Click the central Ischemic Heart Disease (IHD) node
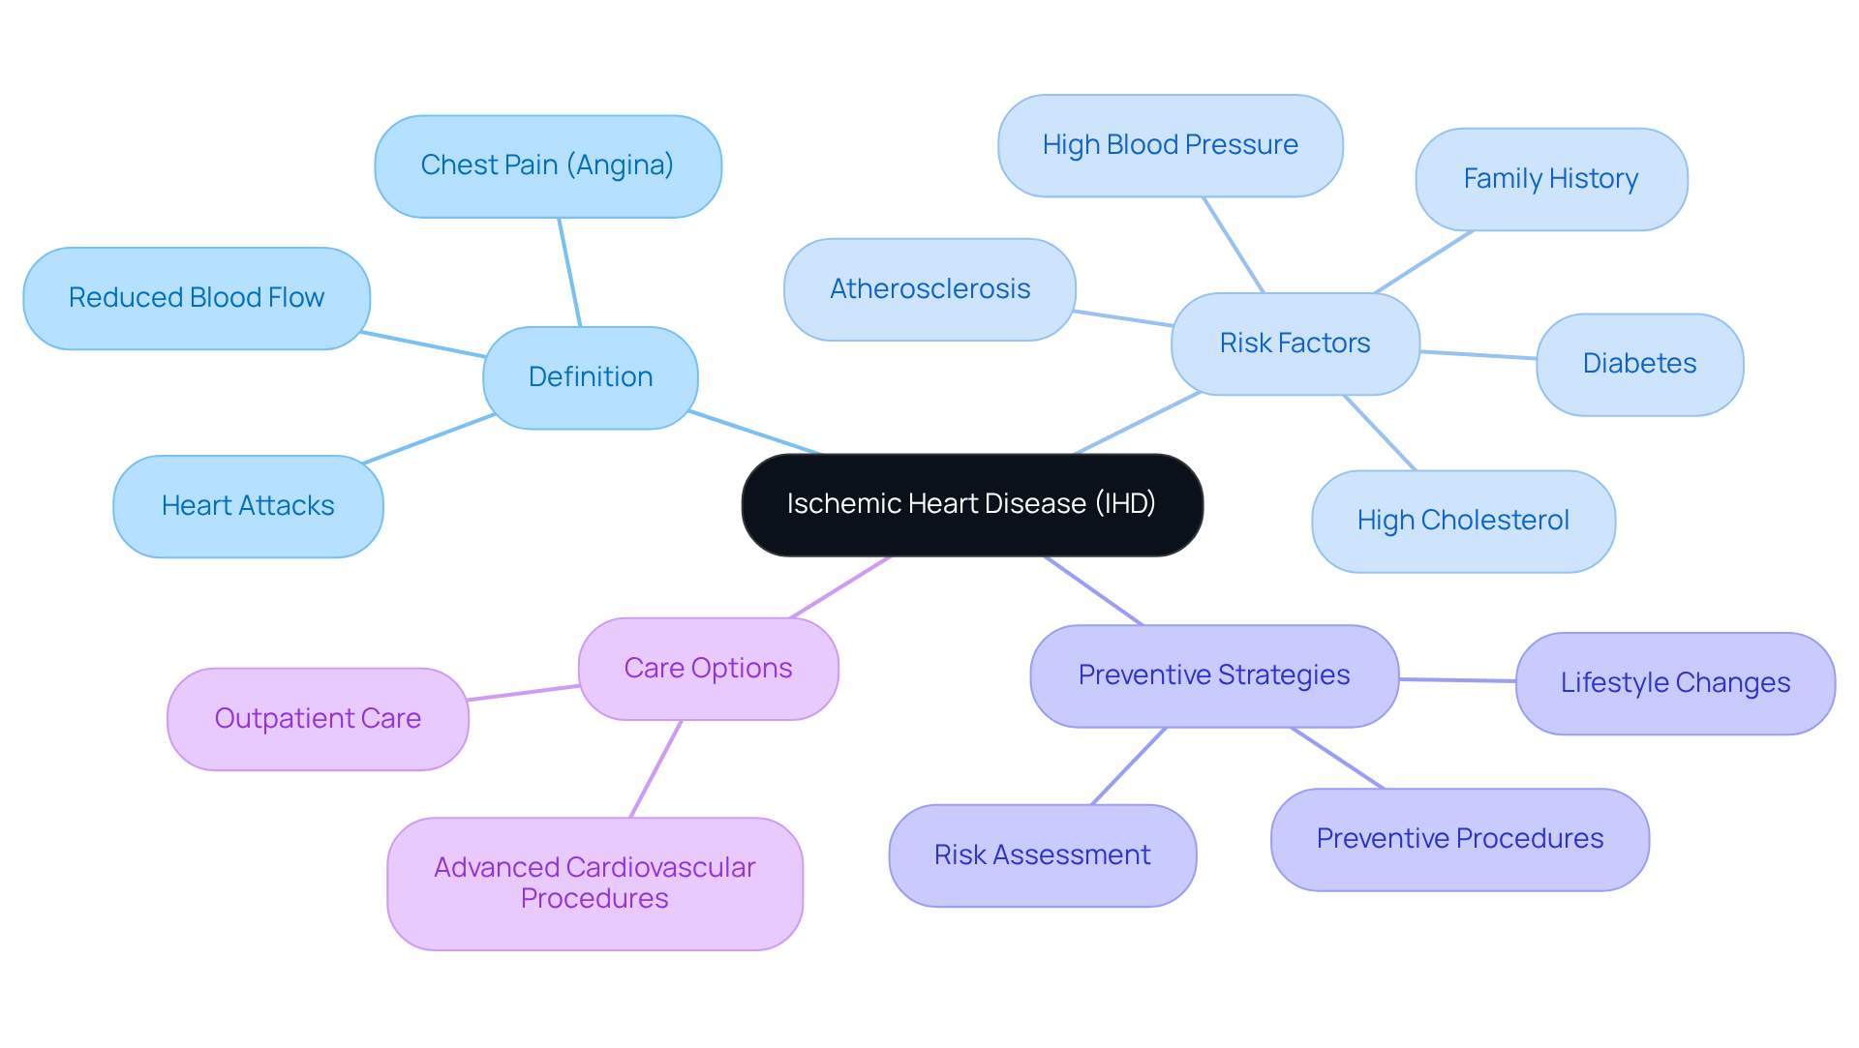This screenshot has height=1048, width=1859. [x=972, y=504]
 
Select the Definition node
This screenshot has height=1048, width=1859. [x=591, y=377]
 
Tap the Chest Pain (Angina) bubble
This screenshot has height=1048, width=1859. [x=548, y=165]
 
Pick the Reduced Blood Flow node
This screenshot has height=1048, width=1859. [x=197, y=298]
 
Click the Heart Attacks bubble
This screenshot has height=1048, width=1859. [x=248, y=506]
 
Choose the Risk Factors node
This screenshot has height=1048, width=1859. [x=1295, y=344]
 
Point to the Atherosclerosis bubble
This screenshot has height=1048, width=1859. [x=929, y=289]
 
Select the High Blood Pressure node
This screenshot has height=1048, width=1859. [x=1170, y=145]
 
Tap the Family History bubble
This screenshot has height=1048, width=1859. [x=1551, y=179]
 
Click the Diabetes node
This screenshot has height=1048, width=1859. [x=1639, y=364]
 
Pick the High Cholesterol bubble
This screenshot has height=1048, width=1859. [x=1463, y=521]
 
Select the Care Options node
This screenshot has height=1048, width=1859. [x=708, y=669]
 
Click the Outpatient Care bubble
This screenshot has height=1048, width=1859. [x=318, y=719]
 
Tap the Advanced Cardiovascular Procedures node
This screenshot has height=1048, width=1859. [x=594, y=883]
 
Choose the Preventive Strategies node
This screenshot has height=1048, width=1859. [x=1214, y=675]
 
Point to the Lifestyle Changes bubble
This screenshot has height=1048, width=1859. [x=1675, y=683]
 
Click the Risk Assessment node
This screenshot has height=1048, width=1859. [x=1042, y=855]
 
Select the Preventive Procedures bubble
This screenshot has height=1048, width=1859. [x=1459, y=839]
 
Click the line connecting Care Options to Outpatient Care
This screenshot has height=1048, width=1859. [x=524, y=693]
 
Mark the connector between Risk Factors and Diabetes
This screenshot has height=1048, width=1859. [x=1478, y=355]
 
